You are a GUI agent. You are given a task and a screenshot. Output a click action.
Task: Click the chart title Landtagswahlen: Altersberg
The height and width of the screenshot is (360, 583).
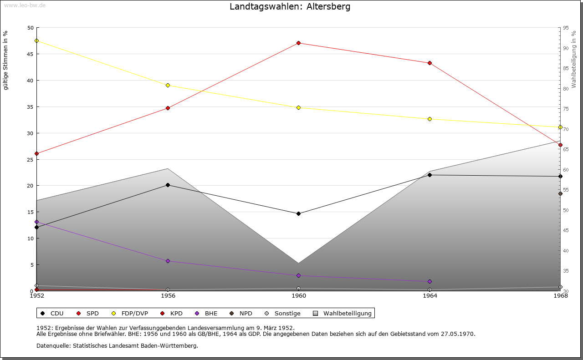(290, 7)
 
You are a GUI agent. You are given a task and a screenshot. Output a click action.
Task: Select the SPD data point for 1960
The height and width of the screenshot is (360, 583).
(298, 43)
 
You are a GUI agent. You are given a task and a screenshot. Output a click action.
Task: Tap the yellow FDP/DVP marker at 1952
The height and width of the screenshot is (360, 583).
(36, 41)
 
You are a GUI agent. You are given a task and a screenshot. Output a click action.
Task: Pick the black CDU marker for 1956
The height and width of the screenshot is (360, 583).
(168, 185)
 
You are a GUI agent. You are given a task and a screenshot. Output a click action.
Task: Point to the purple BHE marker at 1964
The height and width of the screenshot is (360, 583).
(430, 282)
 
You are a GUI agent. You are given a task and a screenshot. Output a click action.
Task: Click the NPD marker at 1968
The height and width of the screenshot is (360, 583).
(560, 194)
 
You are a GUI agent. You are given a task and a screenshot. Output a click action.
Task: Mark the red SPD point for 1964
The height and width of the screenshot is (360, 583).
(430, 63)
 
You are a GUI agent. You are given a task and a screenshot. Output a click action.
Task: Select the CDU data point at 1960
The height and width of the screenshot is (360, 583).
(298, 213)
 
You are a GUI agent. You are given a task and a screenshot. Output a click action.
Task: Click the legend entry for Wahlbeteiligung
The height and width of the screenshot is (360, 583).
(347, 314)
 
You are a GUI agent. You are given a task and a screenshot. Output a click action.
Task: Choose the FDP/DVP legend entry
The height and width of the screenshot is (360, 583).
(134, 314)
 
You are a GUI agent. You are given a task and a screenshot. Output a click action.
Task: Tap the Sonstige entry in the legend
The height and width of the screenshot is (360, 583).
(287, 314)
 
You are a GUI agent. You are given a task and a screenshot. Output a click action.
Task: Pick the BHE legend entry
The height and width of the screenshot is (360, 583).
(211, 314)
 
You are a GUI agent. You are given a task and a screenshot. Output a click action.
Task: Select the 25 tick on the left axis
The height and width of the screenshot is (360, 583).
(30, 160)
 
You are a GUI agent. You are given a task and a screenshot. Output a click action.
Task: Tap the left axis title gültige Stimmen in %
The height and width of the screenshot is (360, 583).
(6, 60)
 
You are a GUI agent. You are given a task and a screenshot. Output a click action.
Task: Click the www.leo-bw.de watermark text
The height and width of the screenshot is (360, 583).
(24, 5)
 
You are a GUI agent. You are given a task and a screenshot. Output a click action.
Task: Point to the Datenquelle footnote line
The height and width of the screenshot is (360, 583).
(117, 346)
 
